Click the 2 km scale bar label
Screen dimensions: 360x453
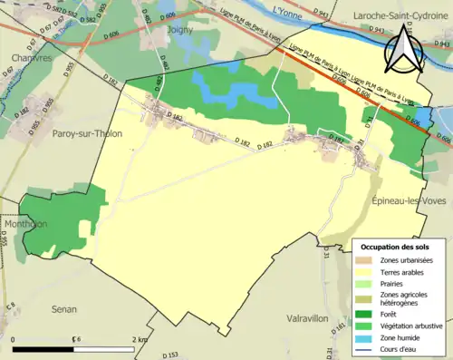click(139, 338)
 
